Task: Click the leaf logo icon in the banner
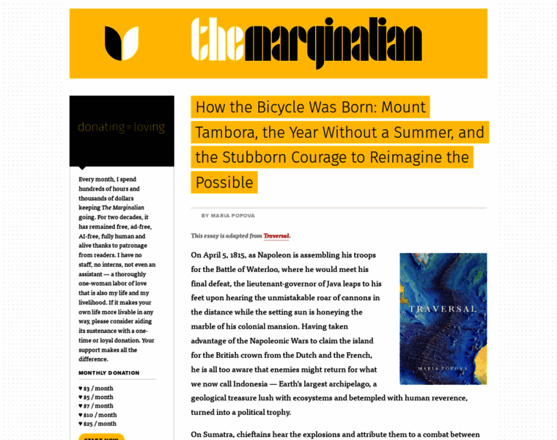[x=122, y=43]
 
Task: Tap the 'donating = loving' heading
[x=122, y=127]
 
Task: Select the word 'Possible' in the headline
[x=224, y=183]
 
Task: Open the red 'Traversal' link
[x=276, y=236]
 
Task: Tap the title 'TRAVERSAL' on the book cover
[x=443, y=309]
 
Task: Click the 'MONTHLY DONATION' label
[x=109, y=373]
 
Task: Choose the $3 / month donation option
[x=98, y=389]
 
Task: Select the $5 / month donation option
[x=98, y=397]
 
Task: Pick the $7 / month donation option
[x=98, y=406]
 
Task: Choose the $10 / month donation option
[x=100, y=415]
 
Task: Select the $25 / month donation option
[x=100, y=424]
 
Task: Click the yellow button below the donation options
[x=101, y=437]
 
